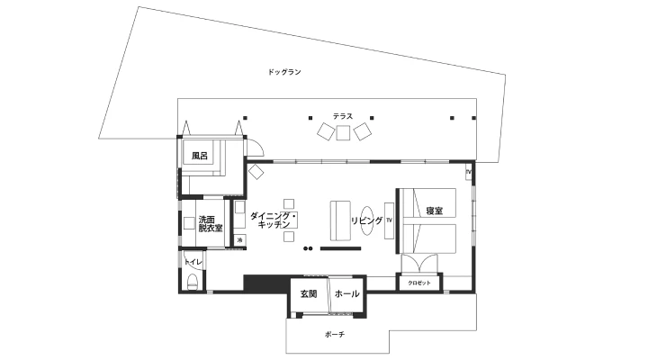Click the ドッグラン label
coord(284,72)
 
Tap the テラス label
coord(343,116)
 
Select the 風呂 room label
coord(200,156)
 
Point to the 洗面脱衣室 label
coord(211,224)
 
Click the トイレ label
coord(193,263)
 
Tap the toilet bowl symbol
coord(193,281)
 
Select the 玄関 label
coord(309,294)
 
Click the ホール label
coord(346,293)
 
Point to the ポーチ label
coord(335,335)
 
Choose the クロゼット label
coord(419,283)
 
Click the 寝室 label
coord(435,211)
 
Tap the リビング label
coord(367,220)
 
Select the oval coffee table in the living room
coord(367,220)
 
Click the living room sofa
coord(340,220)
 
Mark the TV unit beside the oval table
coord(390,220)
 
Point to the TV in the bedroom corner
coord(469,172)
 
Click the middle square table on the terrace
coord(343,133)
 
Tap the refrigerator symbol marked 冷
coord(240,240)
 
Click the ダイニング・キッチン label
coord(274,220)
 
